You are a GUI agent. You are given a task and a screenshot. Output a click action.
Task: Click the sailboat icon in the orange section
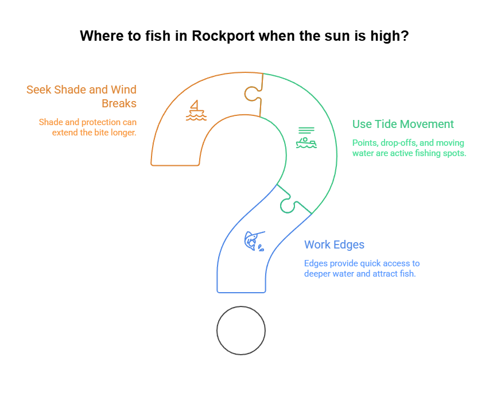[196, 110]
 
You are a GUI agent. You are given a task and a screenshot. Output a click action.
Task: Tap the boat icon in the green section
[306, 139]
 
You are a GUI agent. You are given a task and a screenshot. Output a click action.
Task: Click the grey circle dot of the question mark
[241, 330]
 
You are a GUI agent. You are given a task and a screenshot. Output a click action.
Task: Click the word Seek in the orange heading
[38, 90]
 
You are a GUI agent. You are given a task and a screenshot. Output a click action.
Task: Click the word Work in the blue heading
[317, 244]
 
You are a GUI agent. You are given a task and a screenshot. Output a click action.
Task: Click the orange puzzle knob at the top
[251, 93]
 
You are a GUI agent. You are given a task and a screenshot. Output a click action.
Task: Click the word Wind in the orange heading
[123, 90]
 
